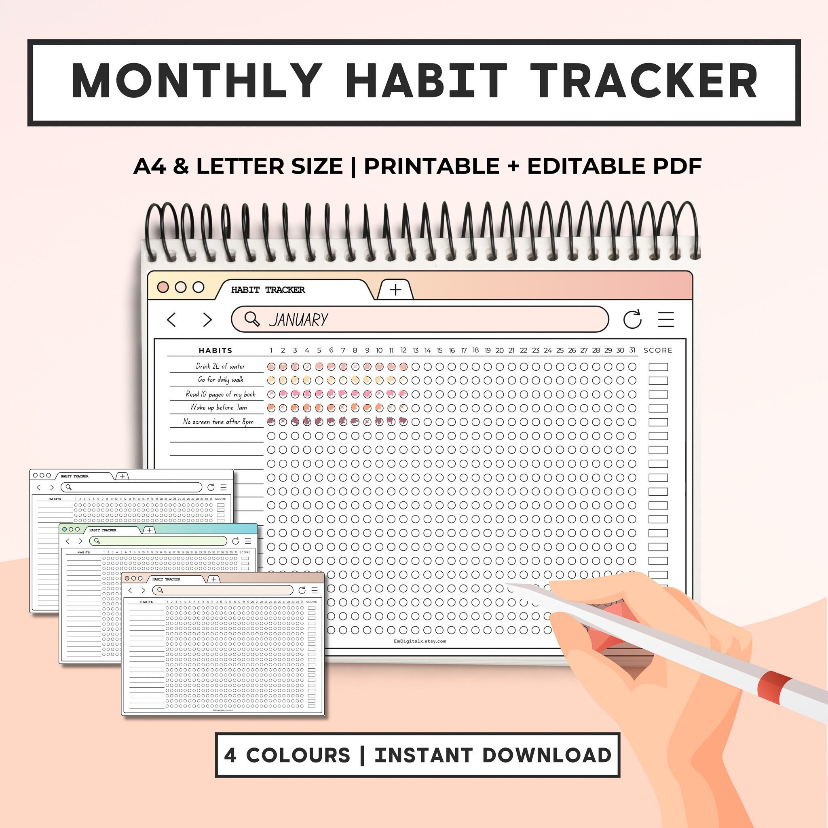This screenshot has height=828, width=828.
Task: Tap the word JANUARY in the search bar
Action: (x=298, y=320)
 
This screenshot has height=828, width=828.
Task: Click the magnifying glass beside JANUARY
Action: (x=251, y=319)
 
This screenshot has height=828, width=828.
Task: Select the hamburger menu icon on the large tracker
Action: (x=665, y=319)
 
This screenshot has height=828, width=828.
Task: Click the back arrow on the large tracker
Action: (x=171, y=320)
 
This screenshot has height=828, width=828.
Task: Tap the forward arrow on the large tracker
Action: (x=207, y=320)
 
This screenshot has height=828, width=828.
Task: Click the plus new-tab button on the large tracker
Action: (x=395, y=290)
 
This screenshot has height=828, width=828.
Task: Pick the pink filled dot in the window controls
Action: (x=163, y=287)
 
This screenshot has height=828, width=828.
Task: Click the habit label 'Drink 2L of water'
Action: (x=220, y=366)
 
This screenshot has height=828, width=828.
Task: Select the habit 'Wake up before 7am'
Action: (x=218, y=408)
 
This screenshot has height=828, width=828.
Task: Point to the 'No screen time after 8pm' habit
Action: (x=218, y=422)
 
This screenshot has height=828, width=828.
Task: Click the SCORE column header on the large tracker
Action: (x=658, y=350)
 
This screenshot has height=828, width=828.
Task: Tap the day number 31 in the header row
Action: (x=632, y=350)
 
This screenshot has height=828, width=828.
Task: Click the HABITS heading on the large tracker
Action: (x=215, y=351)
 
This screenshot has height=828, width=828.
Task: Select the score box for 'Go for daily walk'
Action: (x=658, y=380)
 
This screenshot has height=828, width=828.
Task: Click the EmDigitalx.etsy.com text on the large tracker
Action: (x=420, y=641)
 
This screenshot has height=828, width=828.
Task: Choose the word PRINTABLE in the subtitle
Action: (x=431, y=166)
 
